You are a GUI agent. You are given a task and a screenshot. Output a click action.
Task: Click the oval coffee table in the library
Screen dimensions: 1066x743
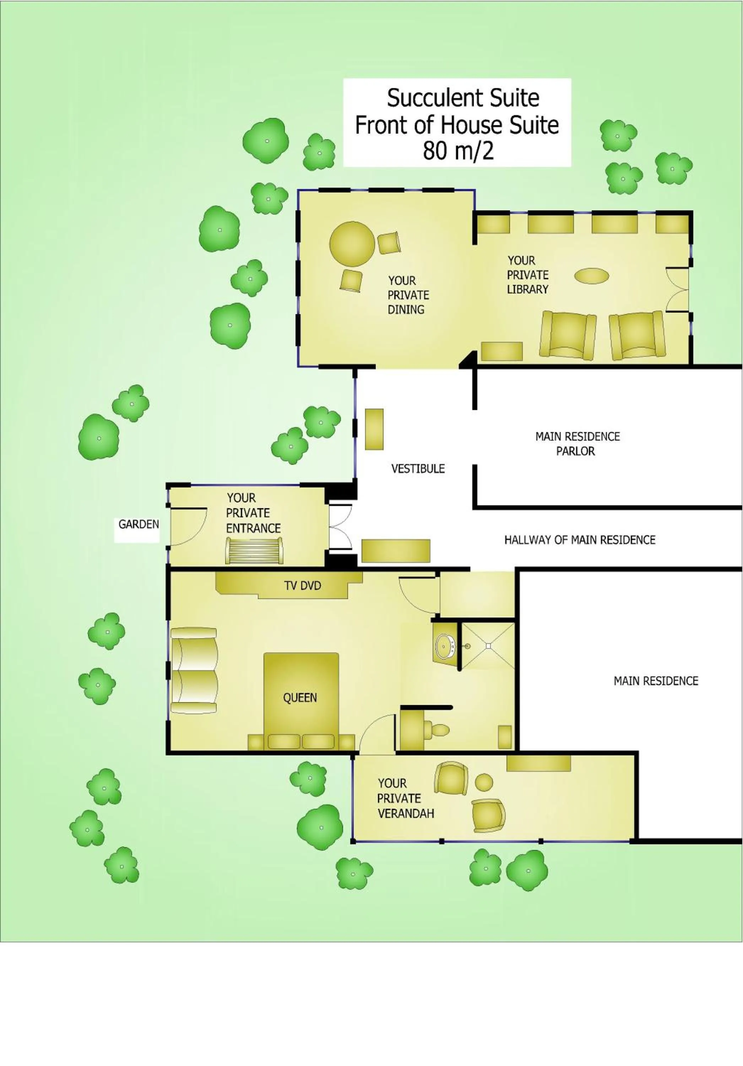point(591,276)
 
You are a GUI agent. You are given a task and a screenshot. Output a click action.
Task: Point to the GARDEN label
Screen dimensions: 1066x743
point(138,524)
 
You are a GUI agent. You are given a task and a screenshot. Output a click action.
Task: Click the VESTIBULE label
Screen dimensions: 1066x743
point(418,468)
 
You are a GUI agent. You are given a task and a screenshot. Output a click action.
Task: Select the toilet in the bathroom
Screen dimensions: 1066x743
point(439,730)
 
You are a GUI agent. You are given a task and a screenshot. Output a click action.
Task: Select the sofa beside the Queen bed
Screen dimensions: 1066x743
point(194,671)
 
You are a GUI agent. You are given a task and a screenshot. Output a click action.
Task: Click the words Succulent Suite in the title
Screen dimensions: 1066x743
point(463,98)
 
